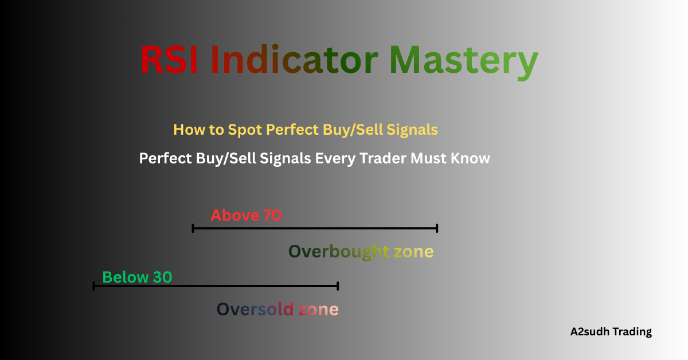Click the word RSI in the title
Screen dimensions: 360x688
[169, 60]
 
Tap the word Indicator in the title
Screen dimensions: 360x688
[294, 60]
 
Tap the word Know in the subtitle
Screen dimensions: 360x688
[472, 158]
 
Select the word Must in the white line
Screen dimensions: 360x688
[428, 158]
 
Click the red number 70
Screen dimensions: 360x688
[272, 216]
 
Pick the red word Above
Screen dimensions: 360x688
[235, 216]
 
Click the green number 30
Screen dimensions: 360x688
[162, 277]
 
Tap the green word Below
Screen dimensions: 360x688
[126, 277]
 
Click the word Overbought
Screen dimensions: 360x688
[339, 252]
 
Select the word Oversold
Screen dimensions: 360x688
[255, 310]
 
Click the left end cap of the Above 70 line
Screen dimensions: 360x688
[193, 228]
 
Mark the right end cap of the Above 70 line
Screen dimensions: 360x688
[437, 228]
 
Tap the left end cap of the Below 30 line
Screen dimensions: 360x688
[93, 285]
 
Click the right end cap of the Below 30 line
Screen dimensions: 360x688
[338, 285]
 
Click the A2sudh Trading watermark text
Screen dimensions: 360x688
[611, 331]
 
